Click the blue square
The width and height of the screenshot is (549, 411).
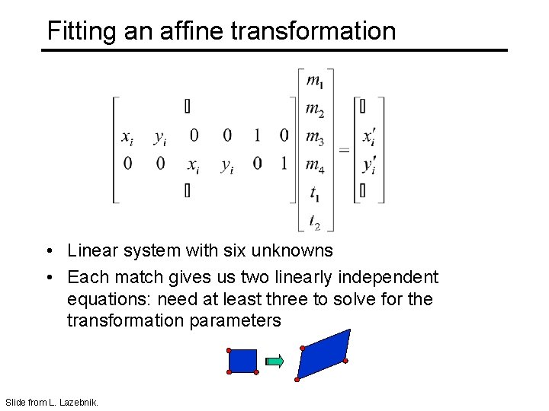tap(242, 361)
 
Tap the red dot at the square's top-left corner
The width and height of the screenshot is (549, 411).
tap(229, 350)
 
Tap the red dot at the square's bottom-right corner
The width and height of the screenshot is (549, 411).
tap(256, 373)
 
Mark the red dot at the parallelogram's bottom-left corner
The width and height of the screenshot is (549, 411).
tap(297, 378)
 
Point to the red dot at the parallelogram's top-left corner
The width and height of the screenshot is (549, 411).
tap(303, 348)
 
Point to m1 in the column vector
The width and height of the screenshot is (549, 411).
tap(314, 81)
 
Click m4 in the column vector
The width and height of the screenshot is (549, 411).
tap(314, 164)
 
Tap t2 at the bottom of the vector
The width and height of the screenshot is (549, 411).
tap(314, 221)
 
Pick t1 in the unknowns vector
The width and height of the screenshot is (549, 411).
tap(314, 193)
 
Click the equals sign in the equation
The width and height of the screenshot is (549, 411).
tap(344, 150)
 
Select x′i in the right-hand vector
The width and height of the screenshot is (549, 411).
tap(368, 137)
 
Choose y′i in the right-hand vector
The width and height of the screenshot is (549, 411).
tap(368, 164)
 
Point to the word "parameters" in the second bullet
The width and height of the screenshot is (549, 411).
tap(237, 320)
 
